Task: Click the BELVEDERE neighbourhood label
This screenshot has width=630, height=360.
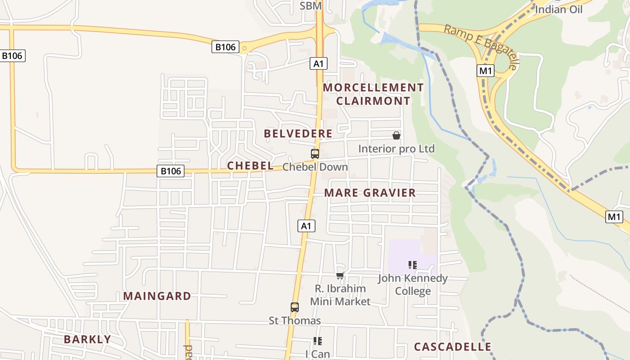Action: pyautogui.click(x=298, y=134)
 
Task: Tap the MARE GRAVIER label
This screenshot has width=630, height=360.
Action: pyautogui.click(x=370, y=193)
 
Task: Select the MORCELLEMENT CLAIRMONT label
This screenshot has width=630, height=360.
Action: pyautogui.click(x=373, y=94)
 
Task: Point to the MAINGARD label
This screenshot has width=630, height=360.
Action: pyautogui.click(x=157, y=296)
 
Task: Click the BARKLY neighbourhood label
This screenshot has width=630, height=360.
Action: pyautogui.click(x=87, y=339)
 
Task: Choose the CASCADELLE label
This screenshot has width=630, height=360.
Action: pyautogui.click(x=452, y=347)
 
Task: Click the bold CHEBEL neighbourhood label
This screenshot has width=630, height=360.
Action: pyautogui.click(x=250, y=166)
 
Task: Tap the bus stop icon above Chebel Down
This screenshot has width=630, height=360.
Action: pyautogui.click(x=315, y=154)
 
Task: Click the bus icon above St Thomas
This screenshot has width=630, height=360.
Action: pyautogui.click(x=295, y=307)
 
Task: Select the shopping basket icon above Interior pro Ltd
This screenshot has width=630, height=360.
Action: pyautogui.click(x=396, y=135)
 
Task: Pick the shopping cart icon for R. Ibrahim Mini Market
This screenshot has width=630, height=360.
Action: pyautogui.click(x=340, y=275)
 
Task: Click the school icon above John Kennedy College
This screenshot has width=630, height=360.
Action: pyautogui.click(x=413, y=265)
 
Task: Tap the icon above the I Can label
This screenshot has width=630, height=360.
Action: pyautogui.click(x=318, y=341)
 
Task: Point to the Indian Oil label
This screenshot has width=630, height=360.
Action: pyautogui.click(x=558, y=9)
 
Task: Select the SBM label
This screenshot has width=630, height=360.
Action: pyautogui.click(x=310, y=6)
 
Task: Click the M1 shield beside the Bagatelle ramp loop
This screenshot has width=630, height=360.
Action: pyautogui.click(x=486, y=71)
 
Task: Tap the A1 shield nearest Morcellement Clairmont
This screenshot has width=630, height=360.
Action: pyautogui.click(x=319, y=63)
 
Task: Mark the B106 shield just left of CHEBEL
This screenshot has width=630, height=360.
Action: pyautogui.click(x=171, y=171)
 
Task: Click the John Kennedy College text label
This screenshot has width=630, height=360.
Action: pyautogui.click(x=413, y=284)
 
